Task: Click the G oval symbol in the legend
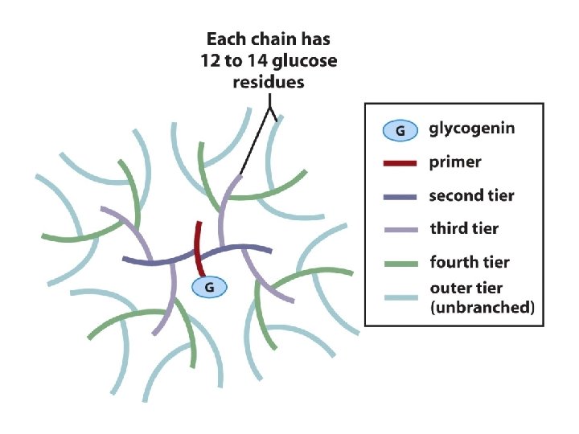400,129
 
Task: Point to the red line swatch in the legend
400,163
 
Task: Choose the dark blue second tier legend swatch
400,196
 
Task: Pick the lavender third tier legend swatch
400,230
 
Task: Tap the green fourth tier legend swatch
400,263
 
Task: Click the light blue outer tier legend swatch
400,297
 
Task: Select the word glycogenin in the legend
472,129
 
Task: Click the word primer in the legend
455,162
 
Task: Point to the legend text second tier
471,195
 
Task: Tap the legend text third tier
464,229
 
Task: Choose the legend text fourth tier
469,262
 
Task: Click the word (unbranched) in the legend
482,306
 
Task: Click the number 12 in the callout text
211,60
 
